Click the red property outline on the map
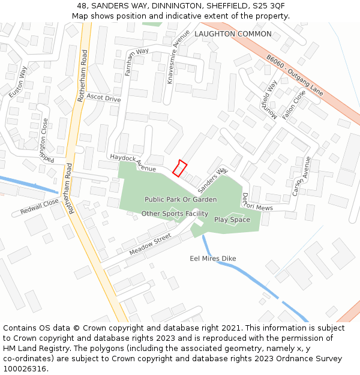[180, 168]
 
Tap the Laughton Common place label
[233, 34]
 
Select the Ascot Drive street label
[103, 98]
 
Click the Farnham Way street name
[137, 62]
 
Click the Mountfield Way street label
[269, 99]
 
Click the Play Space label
[232, 220]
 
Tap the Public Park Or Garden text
[181, 199]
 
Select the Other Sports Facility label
[175, 214]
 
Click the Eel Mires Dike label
[213, 259]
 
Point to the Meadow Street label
[146, 245]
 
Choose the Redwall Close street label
[40, 207]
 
